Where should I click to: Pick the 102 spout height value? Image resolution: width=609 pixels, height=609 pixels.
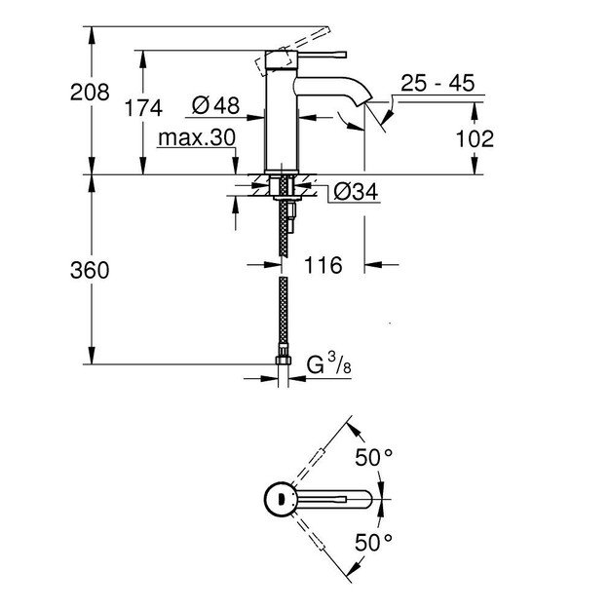click(475, 138)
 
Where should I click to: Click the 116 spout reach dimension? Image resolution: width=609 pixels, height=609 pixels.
click(323, 264)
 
